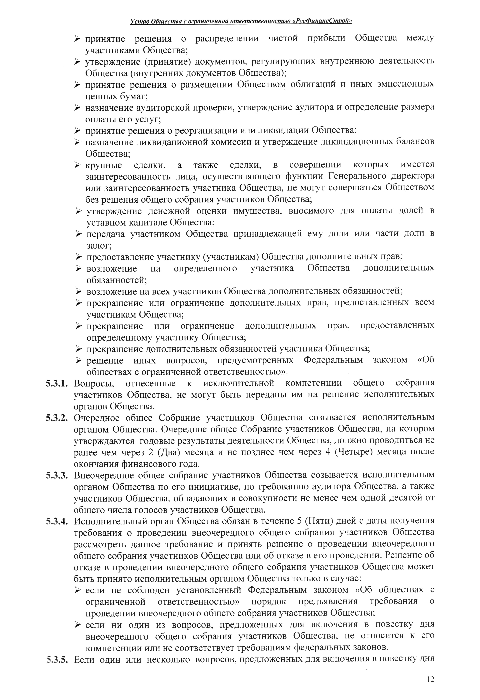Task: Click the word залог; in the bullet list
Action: (99, 246)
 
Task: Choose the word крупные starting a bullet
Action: (104, 165)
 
